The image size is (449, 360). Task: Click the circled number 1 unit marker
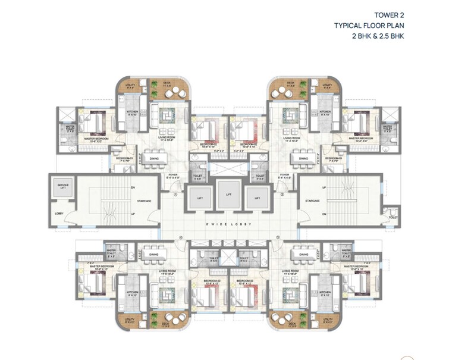tap(176, 194)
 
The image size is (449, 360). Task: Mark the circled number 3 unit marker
tap(278, 237)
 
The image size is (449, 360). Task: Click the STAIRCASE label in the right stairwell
tap(313, 201)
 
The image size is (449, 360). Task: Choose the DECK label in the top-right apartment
tap(290, 84)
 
